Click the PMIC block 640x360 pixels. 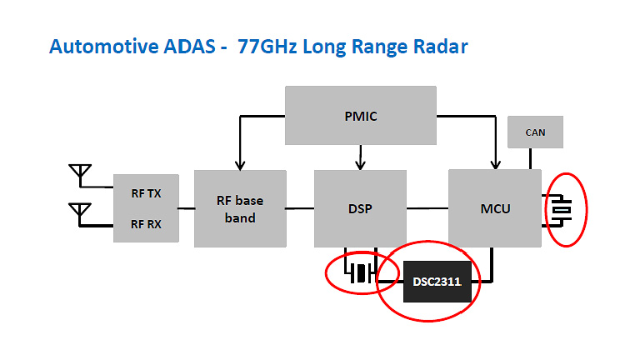[x=360, y=116]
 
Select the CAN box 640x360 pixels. [x=535, y=132]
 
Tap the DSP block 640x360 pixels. [x=360, y=208]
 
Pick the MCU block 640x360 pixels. [x=496, y=208]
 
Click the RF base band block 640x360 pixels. [x=240, y=208]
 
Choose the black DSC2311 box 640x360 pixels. [x=437, y=282]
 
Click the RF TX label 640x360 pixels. [x=146, y=193]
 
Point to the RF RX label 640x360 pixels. [x=146, y=223]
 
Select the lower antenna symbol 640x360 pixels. [x=80, y=212]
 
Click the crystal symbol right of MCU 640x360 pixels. [x=564, y=208]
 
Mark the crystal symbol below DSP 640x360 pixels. [x=359, y=273]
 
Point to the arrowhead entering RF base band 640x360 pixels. [x=240, y=164]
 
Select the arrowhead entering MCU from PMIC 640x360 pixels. [x=496, y=164]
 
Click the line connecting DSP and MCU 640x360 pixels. [x=427, y=208]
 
